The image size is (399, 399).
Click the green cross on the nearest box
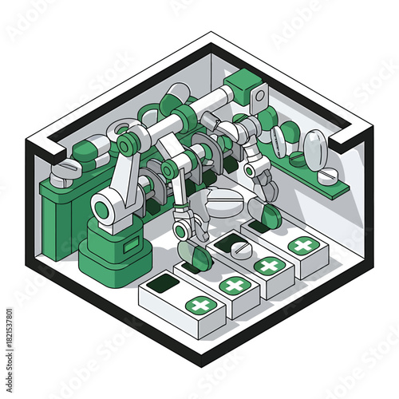(199, 305)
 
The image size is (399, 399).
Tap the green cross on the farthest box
(302, 246)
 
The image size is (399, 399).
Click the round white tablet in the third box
(239, 250)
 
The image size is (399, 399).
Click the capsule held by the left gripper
(196, 256)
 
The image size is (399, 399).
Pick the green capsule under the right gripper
(272, 215)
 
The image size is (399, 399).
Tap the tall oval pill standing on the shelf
(314, 148)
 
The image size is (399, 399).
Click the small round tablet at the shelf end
(327, 176)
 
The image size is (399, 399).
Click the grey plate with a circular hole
(259, 97)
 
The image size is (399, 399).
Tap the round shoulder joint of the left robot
(105, 209)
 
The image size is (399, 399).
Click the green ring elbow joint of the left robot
(126, 144)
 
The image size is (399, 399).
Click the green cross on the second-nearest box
(233, 285)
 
